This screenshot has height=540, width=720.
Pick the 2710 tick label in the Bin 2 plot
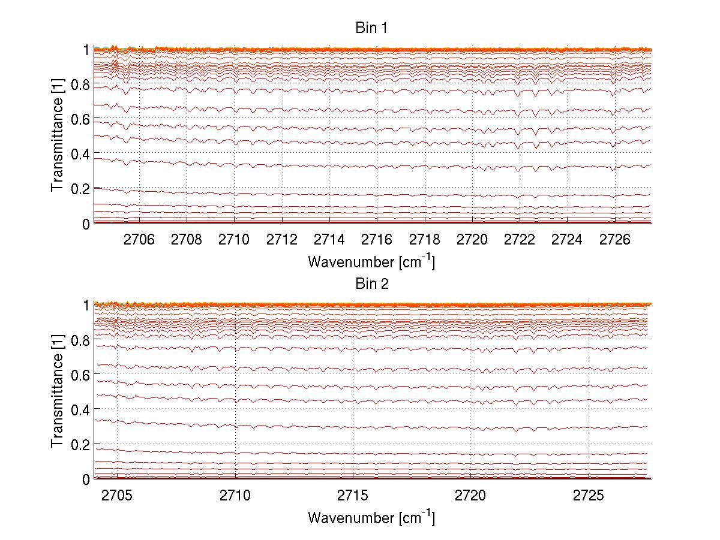pos(235,496)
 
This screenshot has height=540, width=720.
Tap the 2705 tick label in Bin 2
pos(117,496)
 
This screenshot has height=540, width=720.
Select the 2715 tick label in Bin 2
pos(353,496)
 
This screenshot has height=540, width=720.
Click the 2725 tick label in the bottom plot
pos(589,496)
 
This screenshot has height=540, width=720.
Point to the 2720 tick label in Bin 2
pos(471,496)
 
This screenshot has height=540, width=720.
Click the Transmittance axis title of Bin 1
pos(57,136)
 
